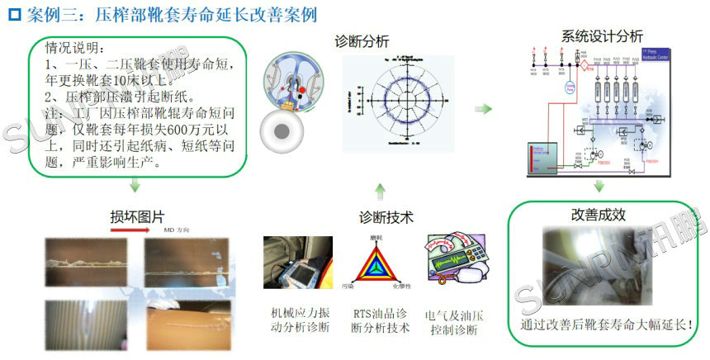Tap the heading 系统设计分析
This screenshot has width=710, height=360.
click(602, 36)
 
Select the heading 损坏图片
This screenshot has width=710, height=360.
click(137, 216)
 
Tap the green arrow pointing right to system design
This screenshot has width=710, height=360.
click(487, 108)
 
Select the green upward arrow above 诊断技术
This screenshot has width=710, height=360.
click(380, 192)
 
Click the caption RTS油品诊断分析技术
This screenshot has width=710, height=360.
click(380, 321)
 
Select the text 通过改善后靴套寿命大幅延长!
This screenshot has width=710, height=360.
click(607, 325)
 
